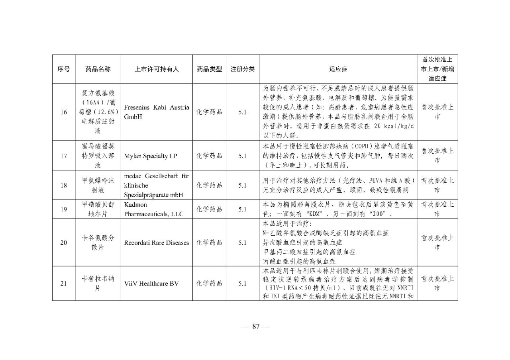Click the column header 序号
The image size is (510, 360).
tap(64, 69)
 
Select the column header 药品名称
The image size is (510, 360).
tap(98, 69)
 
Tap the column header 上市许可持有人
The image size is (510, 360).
tap(157, 69)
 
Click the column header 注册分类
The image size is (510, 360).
tap(243, 69)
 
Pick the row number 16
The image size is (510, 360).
tap(64, 112)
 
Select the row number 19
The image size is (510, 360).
tap(64, 209)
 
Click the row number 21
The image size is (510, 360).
tap(64, 284)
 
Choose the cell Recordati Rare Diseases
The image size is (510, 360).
tap(157, 243)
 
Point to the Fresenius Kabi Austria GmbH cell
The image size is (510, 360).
tap(157, 112)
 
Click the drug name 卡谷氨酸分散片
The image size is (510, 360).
tap(98, 243)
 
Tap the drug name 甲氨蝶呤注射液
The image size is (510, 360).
tap(98, 185)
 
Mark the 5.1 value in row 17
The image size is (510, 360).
tap(243, 156)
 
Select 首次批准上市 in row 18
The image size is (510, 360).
tap(437, 185)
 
